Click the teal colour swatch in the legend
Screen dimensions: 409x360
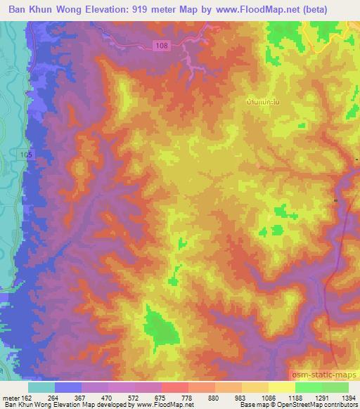42,387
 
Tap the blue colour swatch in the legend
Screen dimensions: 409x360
69,387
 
